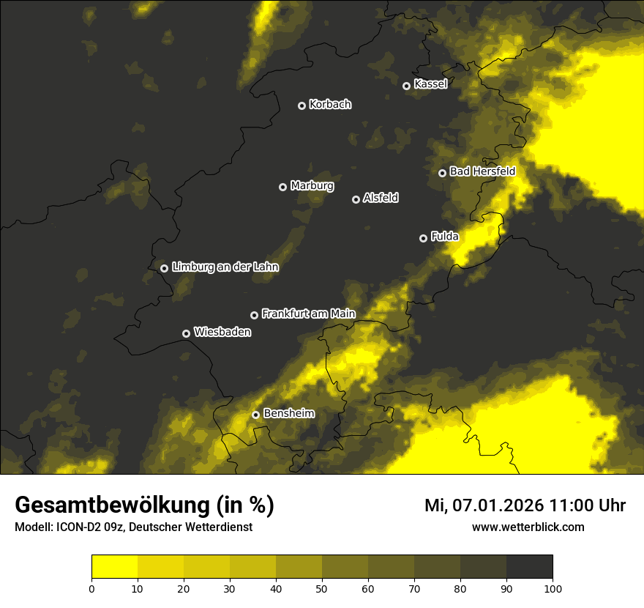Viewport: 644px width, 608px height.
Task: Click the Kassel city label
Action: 430,84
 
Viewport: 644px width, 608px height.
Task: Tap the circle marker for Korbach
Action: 302,105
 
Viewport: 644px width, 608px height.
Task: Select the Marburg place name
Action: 312,186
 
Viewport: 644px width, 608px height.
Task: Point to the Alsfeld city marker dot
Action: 356,199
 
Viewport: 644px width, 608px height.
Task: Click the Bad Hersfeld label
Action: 482,171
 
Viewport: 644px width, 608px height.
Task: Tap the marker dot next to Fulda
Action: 423,238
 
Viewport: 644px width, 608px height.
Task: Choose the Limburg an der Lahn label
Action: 225,267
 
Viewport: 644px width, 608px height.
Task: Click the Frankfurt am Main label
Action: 308,314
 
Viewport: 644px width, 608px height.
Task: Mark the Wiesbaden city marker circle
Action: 187,333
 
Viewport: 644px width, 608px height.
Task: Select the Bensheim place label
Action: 288,413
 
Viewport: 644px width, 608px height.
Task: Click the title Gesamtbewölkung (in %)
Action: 144,505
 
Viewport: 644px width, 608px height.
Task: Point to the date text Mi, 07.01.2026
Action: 484,505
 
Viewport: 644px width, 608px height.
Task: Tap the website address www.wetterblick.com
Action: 528,527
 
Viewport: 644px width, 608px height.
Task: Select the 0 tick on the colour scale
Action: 91,587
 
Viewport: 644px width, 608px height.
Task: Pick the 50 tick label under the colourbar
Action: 322,587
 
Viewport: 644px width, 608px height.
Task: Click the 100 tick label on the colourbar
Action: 553,587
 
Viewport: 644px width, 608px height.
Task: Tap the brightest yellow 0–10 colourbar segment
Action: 114,567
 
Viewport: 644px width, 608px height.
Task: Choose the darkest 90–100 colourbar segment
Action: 529,567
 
